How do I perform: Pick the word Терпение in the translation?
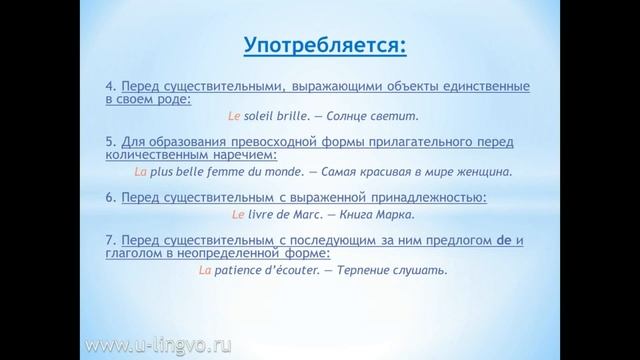(375, 269)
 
